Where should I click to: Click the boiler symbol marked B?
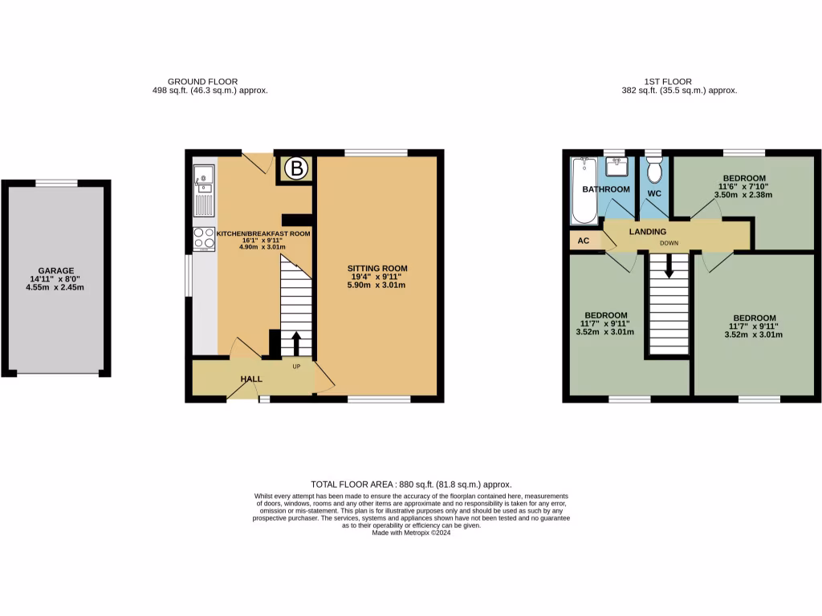coord(297,168)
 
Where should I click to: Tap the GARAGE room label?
coord(56,271)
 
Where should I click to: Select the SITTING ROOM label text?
coord(377,268)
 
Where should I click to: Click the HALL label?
coord(251,379)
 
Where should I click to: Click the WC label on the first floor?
coord(655,193)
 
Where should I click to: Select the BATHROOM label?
coord(606,189)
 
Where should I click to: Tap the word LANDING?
coord(647,232)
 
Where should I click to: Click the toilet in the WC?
coord(653,171)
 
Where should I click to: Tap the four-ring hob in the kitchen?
coord(204,239)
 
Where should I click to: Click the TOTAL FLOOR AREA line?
coord(411,484)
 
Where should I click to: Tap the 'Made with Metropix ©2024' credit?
coord(411,533)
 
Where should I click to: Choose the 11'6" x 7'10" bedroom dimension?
coord(743,186)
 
